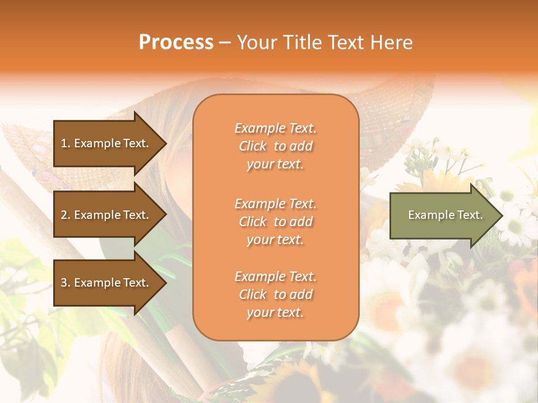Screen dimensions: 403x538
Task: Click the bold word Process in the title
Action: (x=176, y=43)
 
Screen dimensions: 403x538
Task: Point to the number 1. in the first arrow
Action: (x=66, y=143)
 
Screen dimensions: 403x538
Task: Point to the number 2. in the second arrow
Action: (x=66, y=215)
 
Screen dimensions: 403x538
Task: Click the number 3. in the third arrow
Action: (x=66, y=283)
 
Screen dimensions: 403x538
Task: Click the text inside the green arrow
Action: (x=446, y=215)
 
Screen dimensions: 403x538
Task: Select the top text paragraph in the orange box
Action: (x=275, y=146)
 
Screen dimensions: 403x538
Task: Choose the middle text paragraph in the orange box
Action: (x=275, y=222)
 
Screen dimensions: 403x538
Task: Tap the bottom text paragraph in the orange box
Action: (x=275, y=294)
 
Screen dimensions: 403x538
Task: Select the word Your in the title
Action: (x=257, y=43)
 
